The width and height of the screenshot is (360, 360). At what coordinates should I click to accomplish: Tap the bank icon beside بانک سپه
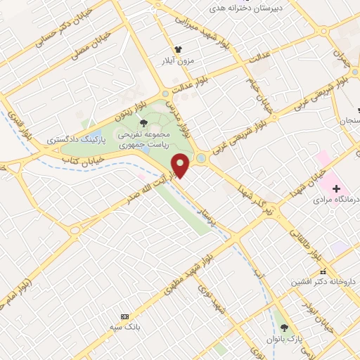125,318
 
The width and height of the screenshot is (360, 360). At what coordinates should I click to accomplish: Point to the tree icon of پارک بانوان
285,328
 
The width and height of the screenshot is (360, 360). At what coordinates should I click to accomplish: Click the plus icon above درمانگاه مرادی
337,188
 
